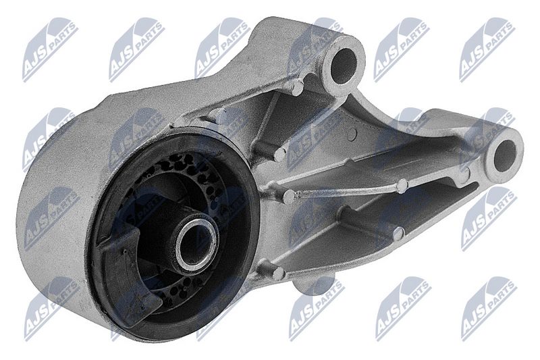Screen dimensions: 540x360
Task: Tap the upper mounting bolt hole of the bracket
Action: (344, 66)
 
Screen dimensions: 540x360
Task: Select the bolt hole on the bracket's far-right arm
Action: (504, 157)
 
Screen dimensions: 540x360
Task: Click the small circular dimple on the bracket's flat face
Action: (352, 134)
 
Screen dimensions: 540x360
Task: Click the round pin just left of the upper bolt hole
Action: (297, 87)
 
